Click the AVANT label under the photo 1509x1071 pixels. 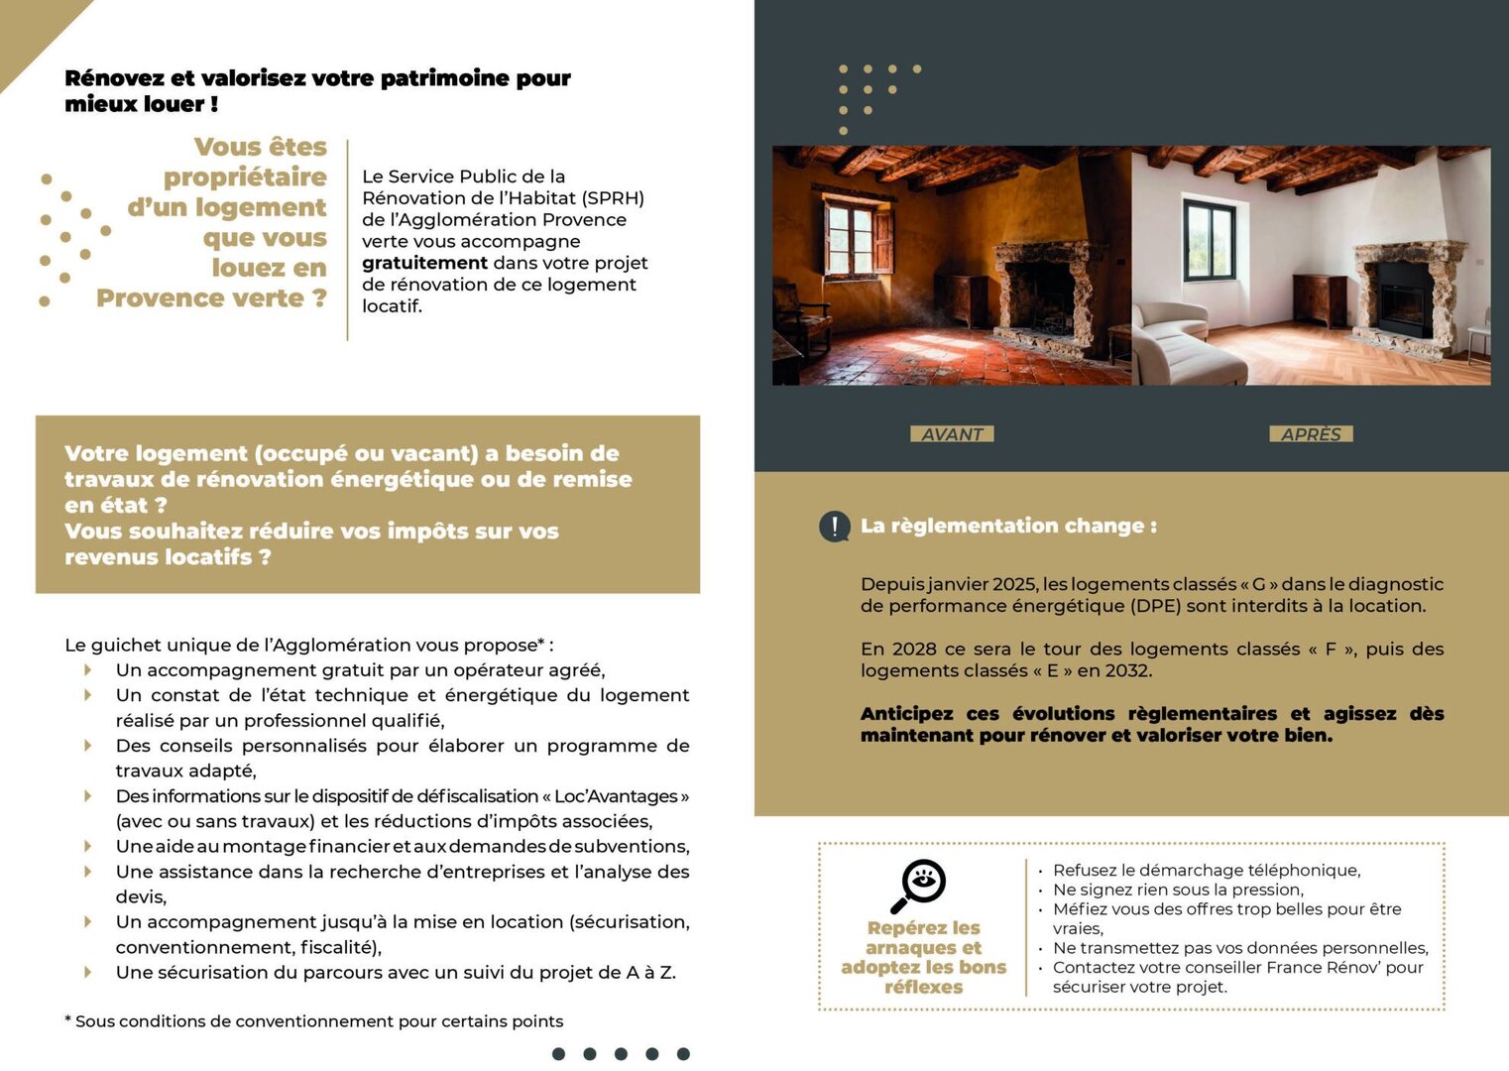[952, 434]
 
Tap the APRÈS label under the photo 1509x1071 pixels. [1311, 434]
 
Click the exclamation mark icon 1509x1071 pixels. [835, 527]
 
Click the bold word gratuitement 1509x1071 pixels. [424, 263]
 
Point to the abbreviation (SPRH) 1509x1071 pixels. [613, 198]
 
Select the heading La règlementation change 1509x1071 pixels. [1008, 527]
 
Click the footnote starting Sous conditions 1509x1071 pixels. [317, 1021]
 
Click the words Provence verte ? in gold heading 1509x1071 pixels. [211, 298]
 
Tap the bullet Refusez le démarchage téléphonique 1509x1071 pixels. [1206, 871]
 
